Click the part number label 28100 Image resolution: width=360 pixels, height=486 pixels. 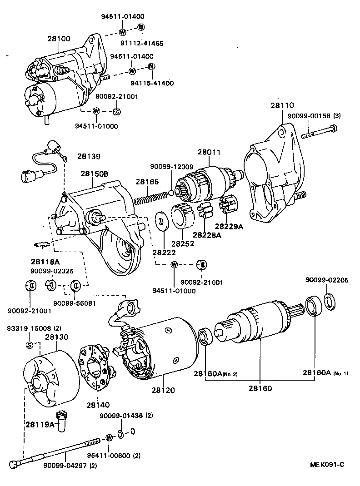[59, 39]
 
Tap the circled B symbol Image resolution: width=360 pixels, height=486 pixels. [141, 28]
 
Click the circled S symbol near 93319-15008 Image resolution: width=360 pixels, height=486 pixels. [29, 345]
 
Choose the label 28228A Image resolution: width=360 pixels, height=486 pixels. [206, 235]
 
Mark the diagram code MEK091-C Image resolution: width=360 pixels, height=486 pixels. [327, 465]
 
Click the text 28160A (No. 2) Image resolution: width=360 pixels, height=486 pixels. [215, 374]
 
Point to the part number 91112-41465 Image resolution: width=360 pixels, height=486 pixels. [142, 43]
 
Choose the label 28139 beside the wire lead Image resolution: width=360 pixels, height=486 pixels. [89, 156]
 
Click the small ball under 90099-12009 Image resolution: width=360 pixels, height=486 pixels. [170, 193]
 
